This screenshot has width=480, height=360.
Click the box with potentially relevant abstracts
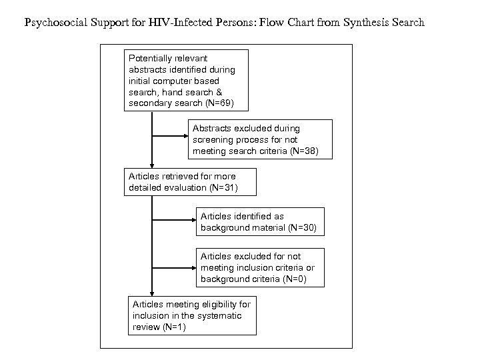click(187, 80)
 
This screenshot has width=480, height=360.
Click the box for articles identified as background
click(259, 222)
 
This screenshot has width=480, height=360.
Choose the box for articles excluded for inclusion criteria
click(259, 267)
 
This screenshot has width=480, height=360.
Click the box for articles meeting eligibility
click(191, 315)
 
